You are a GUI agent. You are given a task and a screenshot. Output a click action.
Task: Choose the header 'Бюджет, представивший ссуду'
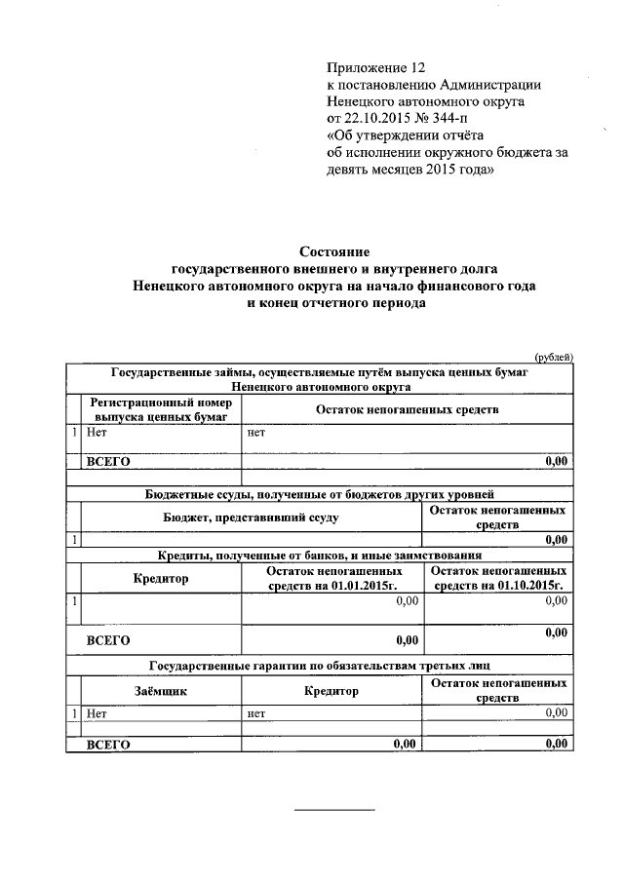pyautogui.click(x=251, y=518)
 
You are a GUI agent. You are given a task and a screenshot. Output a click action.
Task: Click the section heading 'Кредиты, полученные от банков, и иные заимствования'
pyautogui.click(x=320, y=555)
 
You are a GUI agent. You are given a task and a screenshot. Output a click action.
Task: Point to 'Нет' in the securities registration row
pyautogui.click(x=96, y=432)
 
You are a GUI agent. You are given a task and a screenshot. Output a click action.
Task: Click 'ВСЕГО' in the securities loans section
pyautogui.click(x=108, y=462)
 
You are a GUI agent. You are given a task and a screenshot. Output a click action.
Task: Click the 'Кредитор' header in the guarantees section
pyautogui.click(x=332, y=690)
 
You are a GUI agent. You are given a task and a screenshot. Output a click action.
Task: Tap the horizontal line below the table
pyautogui.click(x=334, y=810)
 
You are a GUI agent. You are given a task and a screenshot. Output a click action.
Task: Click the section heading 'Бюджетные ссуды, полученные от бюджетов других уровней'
pyautogui.click(x=320, y=494)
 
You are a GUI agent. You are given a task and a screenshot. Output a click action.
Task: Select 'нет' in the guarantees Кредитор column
pyautogui.click(x=256, y=713)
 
